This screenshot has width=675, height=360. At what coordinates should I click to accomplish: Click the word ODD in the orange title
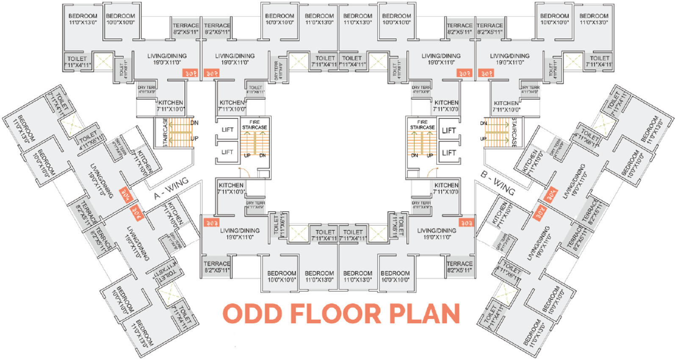pos(253,314)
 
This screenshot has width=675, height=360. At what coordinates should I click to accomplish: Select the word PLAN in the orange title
pos(424,314)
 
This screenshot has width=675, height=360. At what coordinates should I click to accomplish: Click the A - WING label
pos(171,189)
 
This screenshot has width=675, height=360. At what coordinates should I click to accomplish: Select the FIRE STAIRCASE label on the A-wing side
pos(255,125)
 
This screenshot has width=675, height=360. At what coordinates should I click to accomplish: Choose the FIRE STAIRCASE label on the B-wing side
pos(422,125)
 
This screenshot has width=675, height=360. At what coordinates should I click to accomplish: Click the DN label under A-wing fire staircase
pos(263,155)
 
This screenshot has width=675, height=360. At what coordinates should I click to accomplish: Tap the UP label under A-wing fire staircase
pos(247,155)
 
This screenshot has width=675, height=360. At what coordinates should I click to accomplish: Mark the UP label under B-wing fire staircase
pos(430,155)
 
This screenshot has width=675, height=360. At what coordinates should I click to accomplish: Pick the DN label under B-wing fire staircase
pos(415,155)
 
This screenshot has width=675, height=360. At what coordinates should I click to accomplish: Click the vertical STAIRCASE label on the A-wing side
pos(165,132)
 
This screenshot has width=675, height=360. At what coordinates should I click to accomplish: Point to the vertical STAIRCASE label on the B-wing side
pos(514,132)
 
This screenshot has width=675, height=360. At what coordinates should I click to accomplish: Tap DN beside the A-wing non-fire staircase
pos(194,123)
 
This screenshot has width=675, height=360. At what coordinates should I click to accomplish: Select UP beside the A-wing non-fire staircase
pos(194,138)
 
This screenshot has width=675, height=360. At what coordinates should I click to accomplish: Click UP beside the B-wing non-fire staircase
pos(483,139)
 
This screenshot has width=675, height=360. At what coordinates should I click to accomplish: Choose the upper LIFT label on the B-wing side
pos(449,130)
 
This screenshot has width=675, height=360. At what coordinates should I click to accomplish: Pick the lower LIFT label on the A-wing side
pos(227,152)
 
